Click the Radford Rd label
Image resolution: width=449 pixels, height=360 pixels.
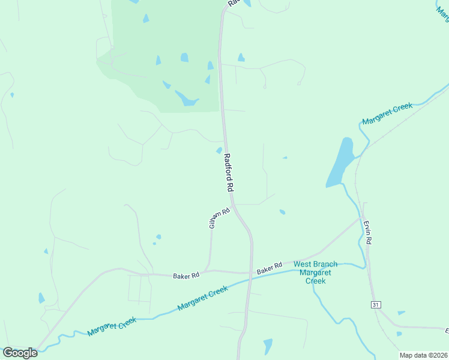(228, 172)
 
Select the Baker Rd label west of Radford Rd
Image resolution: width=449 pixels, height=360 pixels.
(185, 276)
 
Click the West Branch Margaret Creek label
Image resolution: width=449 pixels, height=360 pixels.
(315, 272)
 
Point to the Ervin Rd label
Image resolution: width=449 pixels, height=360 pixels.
(368, 231)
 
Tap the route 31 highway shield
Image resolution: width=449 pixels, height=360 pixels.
(376, 305)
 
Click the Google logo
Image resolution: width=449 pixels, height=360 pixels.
(20, 353)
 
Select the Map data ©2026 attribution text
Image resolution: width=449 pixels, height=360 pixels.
(422, 355)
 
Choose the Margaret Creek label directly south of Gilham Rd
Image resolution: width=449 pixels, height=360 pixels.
(203, 298)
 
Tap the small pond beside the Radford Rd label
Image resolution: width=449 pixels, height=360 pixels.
(219, 150)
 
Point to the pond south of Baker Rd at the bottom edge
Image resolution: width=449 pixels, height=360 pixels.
(268, 346)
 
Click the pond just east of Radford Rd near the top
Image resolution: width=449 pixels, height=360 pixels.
(241, 58)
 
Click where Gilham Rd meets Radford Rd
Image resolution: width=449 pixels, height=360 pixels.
(234, 207)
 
